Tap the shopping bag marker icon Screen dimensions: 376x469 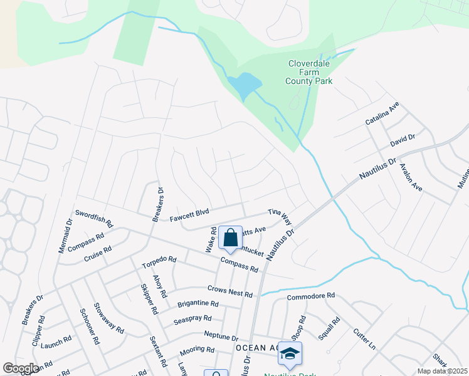pyautogui.click(x=230, y=238)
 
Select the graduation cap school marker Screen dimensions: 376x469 pyautogui.click(x=290, y=354)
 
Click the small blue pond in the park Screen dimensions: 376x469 pyautogui.click(x=245, y=85)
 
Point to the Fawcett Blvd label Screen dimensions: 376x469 pyautogui.click(x=189, y=216)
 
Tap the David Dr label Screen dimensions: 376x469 pyautogui.click(x=403, y=141)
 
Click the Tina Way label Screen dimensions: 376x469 pyautogui.click(x=280, y=217)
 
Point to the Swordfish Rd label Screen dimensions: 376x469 pyautogui.click(x=93, y=218)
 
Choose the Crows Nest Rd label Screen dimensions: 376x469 pyautogui.click(x=229, y=291)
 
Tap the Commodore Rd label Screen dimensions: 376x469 pyautogui.click(x=311, y=296)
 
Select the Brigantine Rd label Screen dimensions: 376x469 pyautogui.click(x=197, y=303)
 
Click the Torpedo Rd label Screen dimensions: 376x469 pyautogui.click(x=159, y=261)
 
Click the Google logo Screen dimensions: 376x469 pyautogui.click(x=21, y=368)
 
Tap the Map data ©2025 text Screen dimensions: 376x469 pyautogui.click(x=442, y=371)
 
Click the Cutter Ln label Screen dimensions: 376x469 pyautogui.click(x=364, y=339)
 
